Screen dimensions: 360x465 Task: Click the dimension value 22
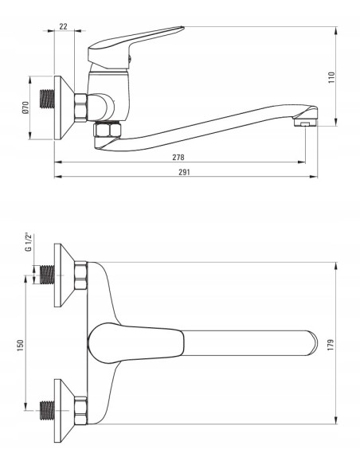[63, 26]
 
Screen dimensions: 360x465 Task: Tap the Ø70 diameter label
[25, 107]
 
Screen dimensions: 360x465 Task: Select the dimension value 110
[331, 77]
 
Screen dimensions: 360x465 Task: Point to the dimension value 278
[178, 157]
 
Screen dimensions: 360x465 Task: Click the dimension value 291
[184, 172]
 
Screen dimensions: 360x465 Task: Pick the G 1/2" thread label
[29, 242]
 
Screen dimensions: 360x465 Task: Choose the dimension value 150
[20, 346]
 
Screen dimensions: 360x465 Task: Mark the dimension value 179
[331, 345]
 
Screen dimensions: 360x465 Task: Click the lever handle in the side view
[131, 46]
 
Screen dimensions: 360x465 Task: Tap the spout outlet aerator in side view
[305, 122]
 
